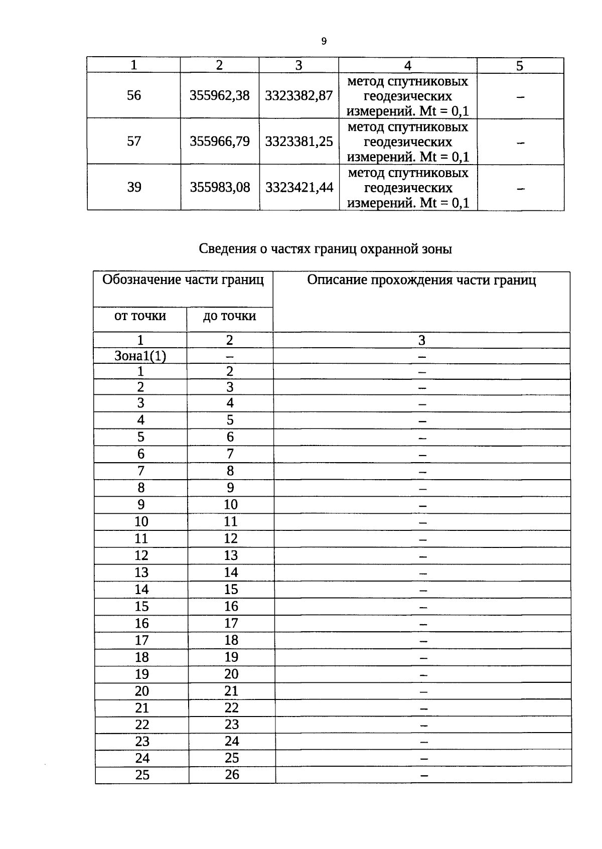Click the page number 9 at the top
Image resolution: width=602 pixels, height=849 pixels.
[324, 42]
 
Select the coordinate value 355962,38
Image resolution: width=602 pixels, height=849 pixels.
[219, 95]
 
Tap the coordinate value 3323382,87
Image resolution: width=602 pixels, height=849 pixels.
[298, 95]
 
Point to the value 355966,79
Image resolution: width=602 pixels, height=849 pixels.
[220, 141]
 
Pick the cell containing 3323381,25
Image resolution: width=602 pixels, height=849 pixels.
[299, 141]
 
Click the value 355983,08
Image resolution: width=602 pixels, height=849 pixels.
[220, 187]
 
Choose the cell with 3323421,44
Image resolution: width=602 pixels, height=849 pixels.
[299, 187]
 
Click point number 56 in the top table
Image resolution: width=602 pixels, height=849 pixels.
[134, 95]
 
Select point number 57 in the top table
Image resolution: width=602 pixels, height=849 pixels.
[134, 141]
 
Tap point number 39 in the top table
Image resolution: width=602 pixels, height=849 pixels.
[134, 187]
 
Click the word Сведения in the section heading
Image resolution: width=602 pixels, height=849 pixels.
[227, 249]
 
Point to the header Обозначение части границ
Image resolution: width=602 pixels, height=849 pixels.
[183, 280]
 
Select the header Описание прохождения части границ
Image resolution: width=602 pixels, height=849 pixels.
[421, 280]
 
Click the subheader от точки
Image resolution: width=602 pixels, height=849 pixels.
[140, 316]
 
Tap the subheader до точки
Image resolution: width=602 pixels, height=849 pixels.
[230, 316]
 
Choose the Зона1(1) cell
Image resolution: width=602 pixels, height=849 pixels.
[140, 356]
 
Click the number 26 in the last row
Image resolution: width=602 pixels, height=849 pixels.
[232, 775]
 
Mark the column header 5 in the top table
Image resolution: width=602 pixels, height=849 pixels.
[520, 66]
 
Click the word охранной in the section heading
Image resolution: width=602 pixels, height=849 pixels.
[388, 249]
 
